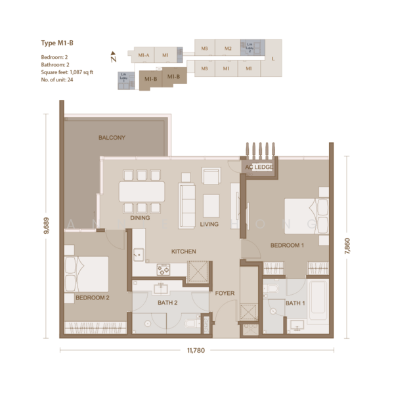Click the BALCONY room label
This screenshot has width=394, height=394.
click(112, 138)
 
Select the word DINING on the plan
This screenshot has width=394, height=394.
click(139, 218)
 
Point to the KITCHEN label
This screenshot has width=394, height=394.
click(184, 252)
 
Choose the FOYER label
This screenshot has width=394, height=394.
click(225, 293)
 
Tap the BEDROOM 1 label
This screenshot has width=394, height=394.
click(287, 246)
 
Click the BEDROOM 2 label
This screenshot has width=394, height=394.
click(92, 297)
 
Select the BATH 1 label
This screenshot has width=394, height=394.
click(295, 303)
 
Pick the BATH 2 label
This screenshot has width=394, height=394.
click(168, 303)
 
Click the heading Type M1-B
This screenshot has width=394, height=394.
click(56, 44)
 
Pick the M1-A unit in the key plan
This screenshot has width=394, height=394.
click(144, 56)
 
